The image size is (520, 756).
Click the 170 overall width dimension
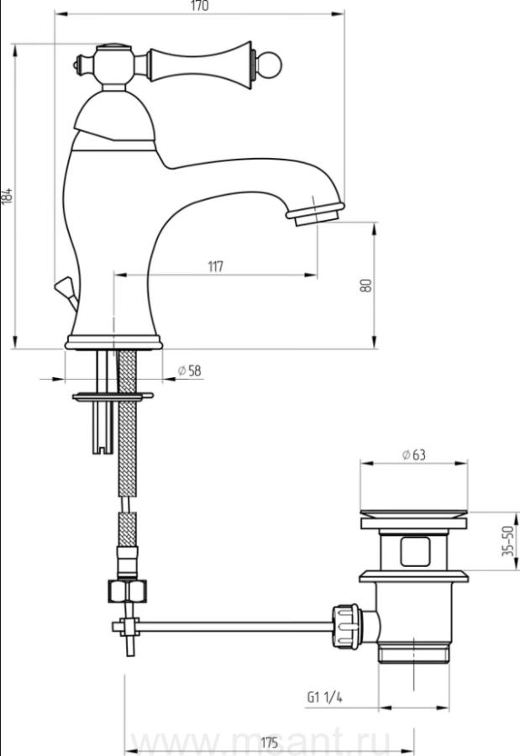[x=200, y=6]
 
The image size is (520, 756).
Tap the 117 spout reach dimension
[x=216, y=266]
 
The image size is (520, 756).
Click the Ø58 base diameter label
[x=190, y=370]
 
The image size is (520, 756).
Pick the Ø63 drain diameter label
[x=414, y=454]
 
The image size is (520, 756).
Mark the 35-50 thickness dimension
[x=508, y=541]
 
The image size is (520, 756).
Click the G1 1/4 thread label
[x=324, y=697]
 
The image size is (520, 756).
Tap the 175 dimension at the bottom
[x=269, y=743]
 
